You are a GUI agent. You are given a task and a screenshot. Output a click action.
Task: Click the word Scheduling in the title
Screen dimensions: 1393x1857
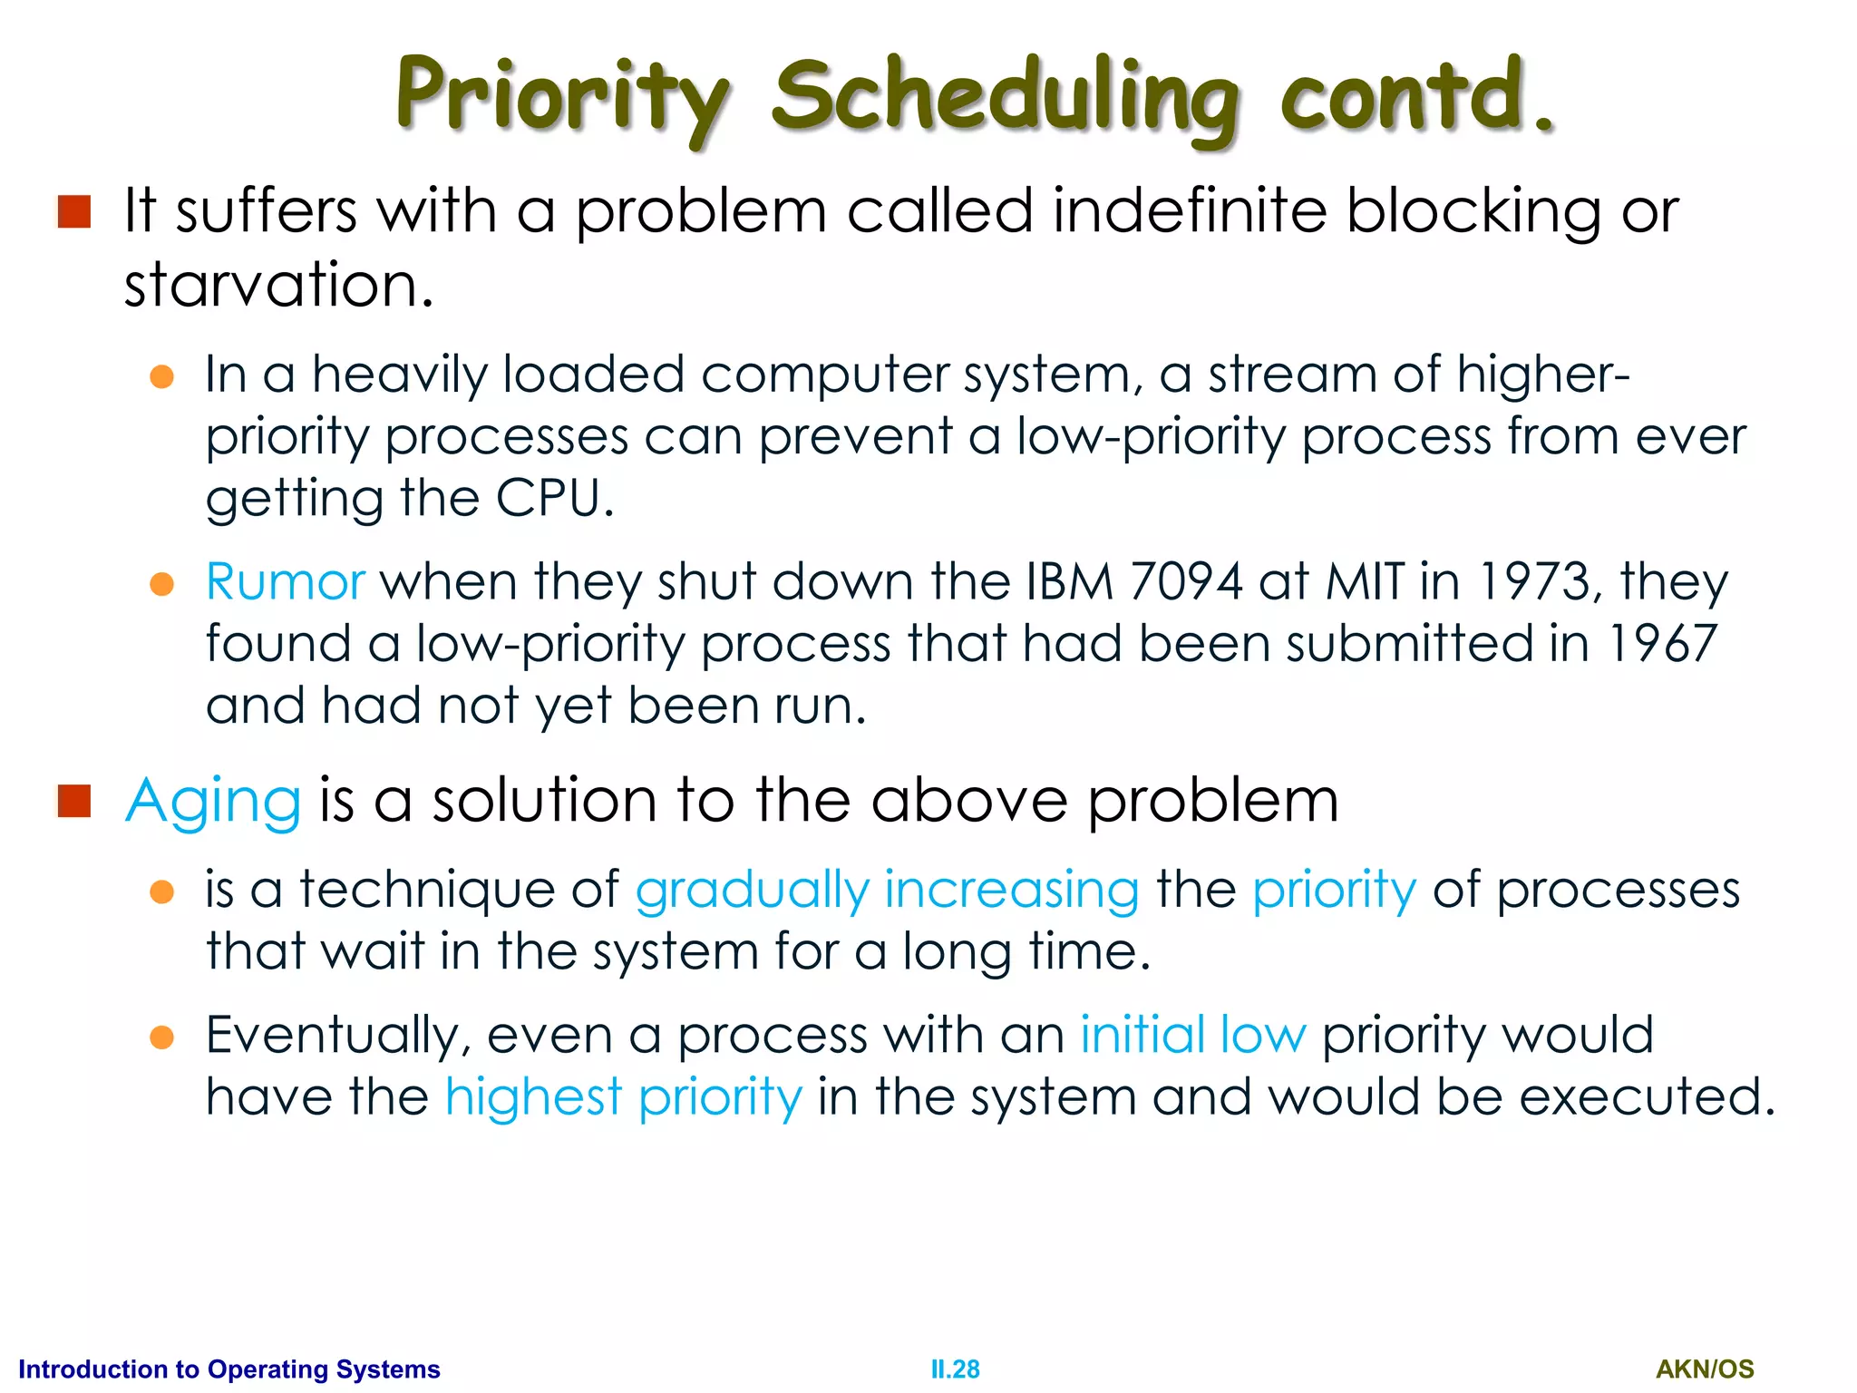click(1005, 98)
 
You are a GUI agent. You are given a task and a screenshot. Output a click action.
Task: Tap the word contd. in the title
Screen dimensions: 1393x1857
click(1416, 95)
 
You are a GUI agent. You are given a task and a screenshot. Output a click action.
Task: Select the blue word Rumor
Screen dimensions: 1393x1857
click(285, 581)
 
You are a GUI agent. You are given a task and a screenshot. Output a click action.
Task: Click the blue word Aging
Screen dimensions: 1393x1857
click(213, 802)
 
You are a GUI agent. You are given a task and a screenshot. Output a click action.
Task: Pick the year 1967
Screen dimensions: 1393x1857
click(1662, 643)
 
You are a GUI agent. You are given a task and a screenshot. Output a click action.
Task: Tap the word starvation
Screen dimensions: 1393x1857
click(278, 285)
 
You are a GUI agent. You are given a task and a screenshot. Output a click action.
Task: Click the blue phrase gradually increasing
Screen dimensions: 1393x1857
click(887, 890)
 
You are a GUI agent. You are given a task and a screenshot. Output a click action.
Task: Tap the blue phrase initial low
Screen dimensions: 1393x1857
click(1192, 1035)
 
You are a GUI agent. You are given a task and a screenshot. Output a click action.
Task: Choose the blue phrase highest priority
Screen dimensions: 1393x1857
click(623, 1097)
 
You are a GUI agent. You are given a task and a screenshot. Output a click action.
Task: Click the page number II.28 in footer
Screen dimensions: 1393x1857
click(955, 1369)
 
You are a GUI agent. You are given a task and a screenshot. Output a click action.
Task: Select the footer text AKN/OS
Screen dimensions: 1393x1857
click(1705, 1369)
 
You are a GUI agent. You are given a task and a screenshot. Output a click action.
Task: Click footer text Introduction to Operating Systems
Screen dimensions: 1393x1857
click(229, 1369)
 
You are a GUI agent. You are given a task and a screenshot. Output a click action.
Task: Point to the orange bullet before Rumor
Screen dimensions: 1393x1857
click(161, 584)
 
